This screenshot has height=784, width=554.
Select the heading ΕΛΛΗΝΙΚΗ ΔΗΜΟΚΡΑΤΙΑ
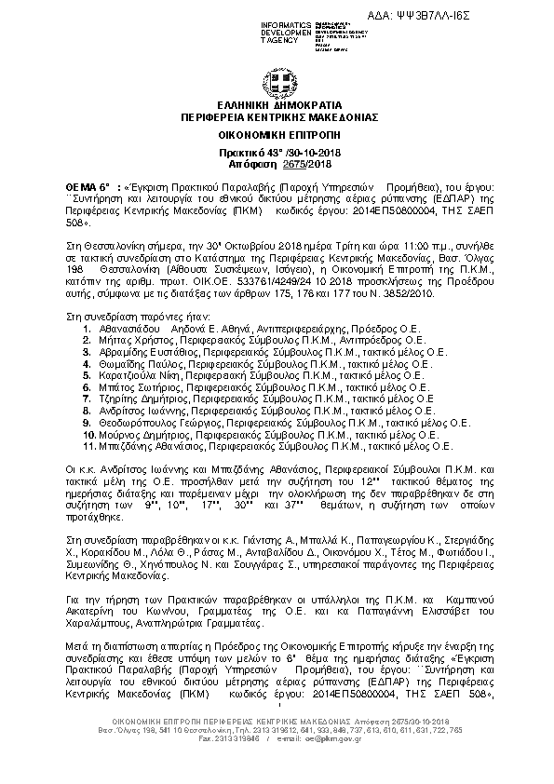pyautogui.click(x=277, y=107)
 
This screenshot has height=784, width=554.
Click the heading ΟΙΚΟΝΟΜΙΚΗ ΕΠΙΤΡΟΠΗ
pyautogui.click(x=277, y=135)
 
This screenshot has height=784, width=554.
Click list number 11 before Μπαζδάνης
pyautogui.click(x=87, y=444)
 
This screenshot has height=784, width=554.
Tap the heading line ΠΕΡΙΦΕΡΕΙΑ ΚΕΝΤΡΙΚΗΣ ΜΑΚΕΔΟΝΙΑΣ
pyautogui.click(x=277, y=118)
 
